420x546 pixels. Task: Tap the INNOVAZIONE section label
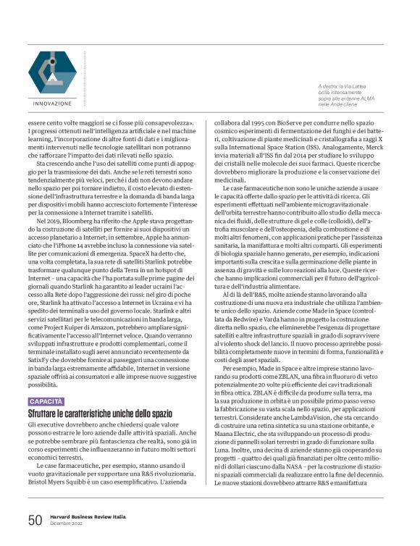[52, 103]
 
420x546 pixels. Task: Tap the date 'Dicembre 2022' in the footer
[67, 524]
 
